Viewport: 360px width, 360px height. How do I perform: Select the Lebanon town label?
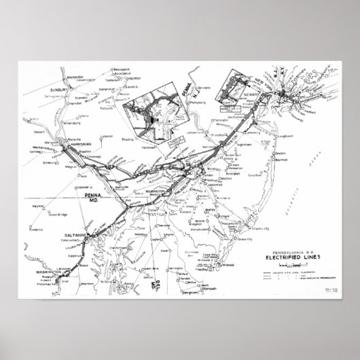pyautogui.click(x=105, y=138)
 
